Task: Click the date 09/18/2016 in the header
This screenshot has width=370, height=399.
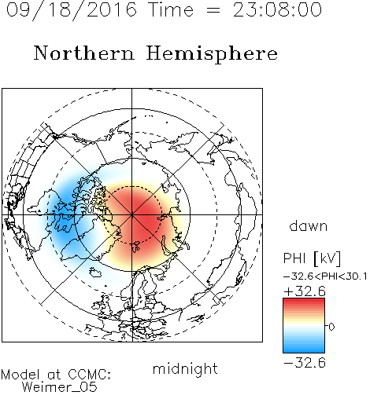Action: [72, 10]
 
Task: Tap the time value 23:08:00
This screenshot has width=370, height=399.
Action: [277, 9]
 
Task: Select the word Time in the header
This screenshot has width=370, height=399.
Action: [171, 9]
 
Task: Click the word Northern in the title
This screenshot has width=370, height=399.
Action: [84, 53]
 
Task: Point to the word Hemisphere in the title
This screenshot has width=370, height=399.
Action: [212, 53]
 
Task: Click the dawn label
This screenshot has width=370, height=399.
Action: [309, 225]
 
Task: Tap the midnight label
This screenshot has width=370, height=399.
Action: [185, 368]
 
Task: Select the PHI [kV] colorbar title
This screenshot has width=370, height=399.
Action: [312, 258]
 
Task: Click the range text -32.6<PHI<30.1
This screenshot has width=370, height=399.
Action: [325, 276]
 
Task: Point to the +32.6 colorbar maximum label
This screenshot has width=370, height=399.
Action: [305, 291]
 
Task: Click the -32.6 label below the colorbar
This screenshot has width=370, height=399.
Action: [305, 363]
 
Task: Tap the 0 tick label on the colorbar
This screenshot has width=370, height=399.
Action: [331, 327]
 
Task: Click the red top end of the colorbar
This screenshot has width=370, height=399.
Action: [304, 301]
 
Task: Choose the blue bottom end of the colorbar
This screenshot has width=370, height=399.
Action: [304, 350]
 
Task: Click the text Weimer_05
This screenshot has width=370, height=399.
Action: [60, 387]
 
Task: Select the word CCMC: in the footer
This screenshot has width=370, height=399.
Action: [90, 375]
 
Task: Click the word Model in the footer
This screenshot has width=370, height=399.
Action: [20, 375]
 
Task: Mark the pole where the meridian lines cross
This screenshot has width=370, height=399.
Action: [132, 215]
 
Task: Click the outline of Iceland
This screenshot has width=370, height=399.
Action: [95, 273]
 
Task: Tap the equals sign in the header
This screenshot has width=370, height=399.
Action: [213, 11]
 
